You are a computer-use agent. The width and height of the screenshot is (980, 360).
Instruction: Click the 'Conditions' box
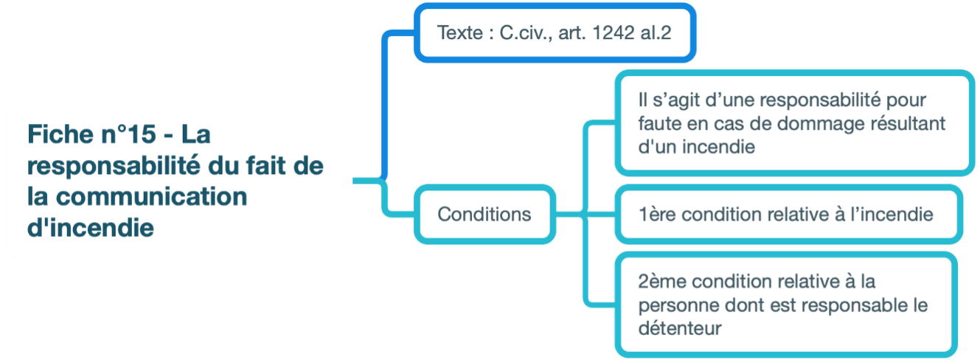(484, 214)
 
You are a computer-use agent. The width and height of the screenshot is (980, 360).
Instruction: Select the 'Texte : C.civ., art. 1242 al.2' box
(555, 33)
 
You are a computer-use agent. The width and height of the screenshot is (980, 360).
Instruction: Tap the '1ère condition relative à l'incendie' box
(786, 215)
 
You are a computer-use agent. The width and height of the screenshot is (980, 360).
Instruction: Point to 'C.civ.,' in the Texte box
(525, 33)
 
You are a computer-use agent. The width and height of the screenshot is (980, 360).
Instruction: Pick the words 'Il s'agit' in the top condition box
(666, 100)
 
